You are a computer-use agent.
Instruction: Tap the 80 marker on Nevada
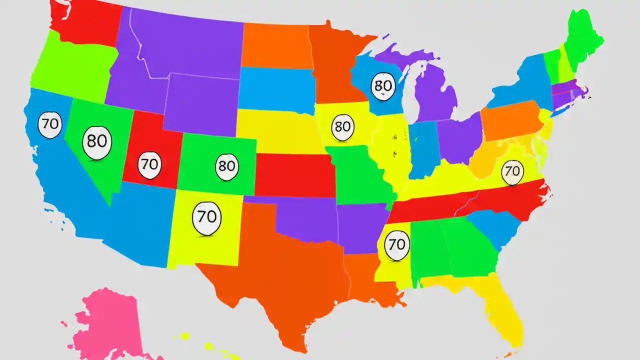point(96,142)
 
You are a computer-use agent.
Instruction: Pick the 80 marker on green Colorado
point(227,166)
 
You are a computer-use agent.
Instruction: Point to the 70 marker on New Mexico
point(206,217)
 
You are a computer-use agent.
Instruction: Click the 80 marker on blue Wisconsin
point(383,86)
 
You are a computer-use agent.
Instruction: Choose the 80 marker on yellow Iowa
point(342,126)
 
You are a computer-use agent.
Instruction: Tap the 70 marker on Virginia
point(512,170)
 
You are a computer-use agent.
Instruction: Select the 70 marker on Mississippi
point(396,245)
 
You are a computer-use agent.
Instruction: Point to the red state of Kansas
point(295,175)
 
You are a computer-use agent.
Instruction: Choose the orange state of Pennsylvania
point(510,120)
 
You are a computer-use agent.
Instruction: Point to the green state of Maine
point(582,37)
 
